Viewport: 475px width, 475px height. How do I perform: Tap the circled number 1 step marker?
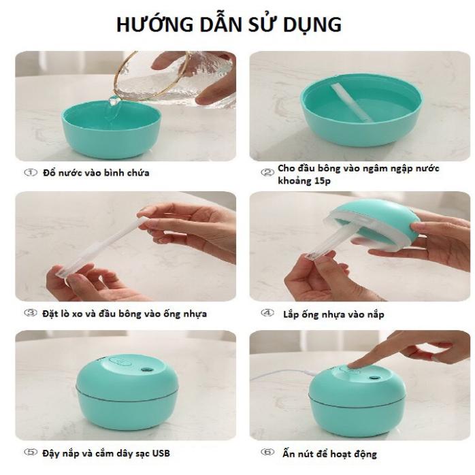[x=31, y=172]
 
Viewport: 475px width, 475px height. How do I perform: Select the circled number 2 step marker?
[x=267, y=172]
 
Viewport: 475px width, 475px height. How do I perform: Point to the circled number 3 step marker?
[x=31, y=312]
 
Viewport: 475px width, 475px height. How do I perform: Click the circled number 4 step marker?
[x=267, y=312]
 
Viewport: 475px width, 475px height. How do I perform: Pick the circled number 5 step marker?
[x=31, y=453]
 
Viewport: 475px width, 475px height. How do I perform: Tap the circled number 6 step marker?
[x=267, y=453]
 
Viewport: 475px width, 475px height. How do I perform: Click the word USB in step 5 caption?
[x=161, y=453]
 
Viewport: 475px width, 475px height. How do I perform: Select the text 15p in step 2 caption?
[x=321, y=181]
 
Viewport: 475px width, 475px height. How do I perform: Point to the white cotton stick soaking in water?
[x=351, y=103]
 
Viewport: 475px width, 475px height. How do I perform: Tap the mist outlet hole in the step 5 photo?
[x=147, y=370]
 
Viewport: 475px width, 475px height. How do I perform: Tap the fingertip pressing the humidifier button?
[x=352, y=365]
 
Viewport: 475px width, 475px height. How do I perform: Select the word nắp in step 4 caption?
[x=376, y=314]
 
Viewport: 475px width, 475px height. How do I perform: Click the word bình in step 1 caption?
[x=113, y=173]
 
